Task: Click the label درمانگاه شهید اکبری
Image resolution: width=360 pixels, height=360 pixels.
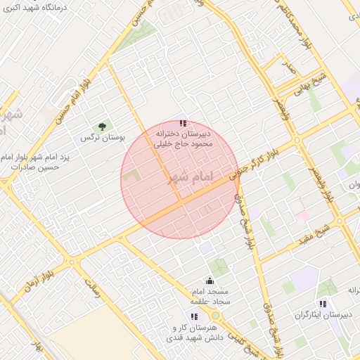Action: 34,8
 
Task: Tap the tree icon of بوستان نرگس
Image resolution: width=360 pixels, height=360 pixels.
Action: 103,127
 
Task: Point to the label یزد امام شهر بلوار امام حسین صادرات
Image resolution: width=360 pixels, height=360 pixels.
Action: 37,162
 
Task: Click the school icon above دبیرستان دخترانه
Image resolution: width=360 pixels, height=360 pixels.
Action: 184,124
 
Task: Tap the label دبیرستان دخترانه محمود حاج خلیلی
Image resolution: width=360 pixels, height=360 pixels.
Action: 185,138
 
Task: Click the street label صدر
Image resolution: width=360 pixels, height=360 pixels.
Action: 288,68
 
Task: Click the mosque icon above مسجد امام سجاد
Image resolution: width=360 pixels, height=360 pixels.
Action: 209,281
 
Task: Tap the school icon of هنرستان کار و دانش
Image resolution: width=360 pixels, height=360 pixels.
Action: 194,316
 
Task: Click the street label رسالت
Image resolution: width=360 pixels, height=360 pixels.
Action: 91,287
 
